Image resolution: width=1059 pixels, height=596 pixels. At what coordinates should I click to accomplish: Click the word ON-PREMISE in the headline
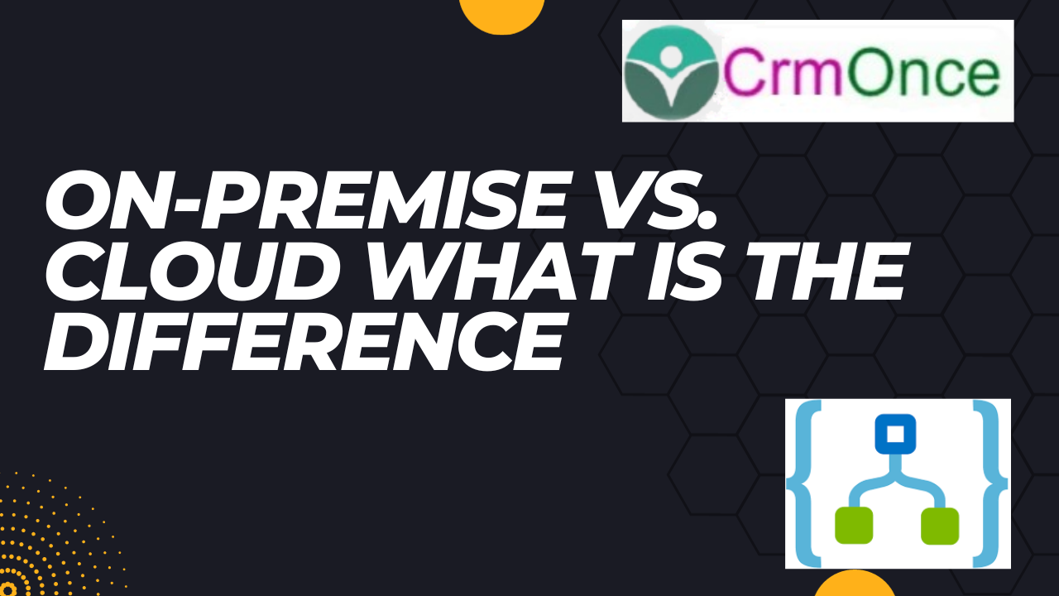coord(306,200)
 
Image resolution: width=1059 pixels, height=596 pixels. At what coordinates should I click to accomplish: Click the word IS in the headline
coord(684,271)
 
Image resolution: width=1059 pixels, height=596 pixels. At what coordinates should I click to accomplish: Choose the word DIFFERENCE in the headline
coord(304,340)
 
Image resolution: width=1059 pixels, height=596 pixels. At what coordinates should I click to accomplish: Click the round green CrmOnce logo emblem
coord(671,71)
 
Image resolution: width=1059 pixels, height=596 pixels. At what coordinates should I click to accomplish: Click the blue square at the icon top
coord(895,434)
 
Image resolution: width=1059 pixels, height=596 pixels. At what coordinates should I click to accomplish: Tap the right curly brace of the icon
coord(990,483)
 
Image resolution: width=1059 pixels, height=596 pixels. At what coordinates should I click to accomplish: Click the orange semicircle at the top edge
coord(501,14)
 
